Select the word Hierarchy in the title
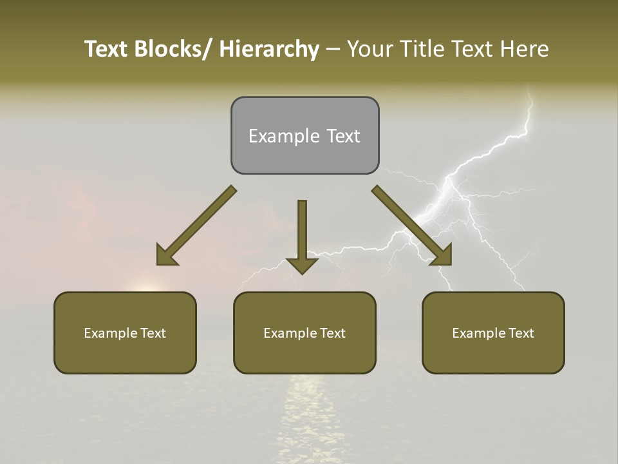(x=269, y=49)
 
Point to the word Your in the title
(x=368, y=49)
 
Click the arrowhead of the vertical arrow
(x=302, y=265)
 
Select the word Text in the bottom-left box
(x=153, y=333)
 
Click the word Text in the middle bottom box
(x=332, y=333)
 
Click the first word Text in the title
(x=106, y=49)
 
